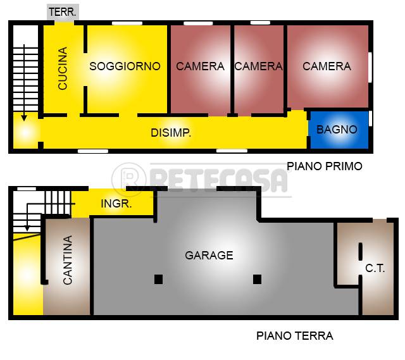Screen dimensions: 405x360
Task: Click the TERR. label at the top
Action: pos(63,12)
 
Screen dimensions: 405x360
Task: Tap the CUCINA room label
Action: pos(63,68)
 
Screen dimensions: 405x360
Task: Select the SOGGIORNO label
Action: pos(125,66)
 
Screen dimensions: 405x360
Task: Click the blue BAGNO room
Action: pos(339,130)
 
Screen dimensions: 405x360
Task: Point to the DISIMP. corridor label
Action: pos(171,133)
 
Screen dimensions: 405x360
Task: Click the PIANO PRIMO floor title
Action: pos(325,166)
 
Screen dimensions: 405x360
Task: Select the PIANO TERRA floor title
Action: pos(295,336)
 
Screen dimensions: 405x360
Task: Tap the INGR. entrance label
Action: pos(116,204)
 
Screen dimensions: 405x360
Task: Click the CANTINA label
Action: pos(68,260)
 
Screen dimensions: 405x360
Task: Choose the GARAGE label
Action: pos(209,256)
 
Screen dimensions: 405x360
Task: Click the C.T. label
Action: pos(375,269)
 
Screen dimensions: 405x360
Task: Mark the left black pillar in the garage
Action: pos(158,279)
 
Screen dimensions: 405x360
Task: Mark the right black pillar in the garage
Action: pos(258,279)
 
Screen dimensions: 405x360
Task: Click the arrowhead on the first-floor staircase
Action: pos(24,118)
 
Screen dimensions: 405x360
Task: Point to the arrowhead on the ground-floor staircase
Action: pos(27,228)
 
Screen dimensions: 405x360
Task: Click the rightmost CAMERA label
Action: pos(327,66)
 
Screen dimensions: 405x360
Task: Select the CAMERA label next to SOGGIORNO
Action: pos(200,66)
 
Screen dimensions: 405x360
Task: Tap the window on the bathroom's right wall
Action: pos(370,118)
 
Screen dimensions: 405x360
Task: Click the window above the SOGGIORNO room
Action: pos(127,23)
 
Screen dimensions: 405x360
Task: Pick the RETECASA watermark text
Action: pos(218,180)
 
